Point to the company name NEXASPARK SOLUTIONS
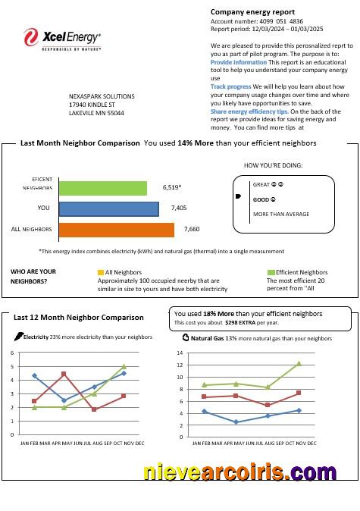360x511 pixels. pyautogui.click(x=102, y=97)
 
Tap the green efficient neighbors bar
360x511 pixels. pyautogui.click(x=102, y=187)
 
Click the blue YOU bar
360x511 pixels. pyautogui.click(x=108, y=208)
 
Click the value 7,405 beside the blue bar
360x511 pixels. pyautogui.click(x=178, y=208)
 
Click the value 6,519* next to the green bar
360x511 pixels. pyautogui.click(x=172, y=187)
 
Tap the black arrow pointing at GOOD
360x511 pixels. pyautogui.click(x=238, y=196)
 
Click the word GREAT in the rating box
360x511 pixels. pyautogui.click(x=261, y=184)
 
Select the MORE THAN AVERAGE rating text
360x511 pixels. pyautogui.click(x=280, y=214)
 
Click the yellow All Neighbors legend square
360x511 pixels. pyautogui.click(x=101, y=272)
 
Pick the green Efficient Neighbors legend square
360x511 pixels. pyautogui.click(x=270, y=272)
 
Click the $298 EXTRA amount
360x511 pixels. pyautogui.click(x=242, y=321)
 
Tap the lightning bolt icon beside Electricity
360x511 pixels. pyautogui.click(x=18, y=337)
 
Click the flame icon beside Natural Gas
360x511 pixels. pyautogui.click(x=186, y=338)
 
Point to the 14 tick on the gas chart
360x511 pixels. pyautogui.click(x=180, y=353)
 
